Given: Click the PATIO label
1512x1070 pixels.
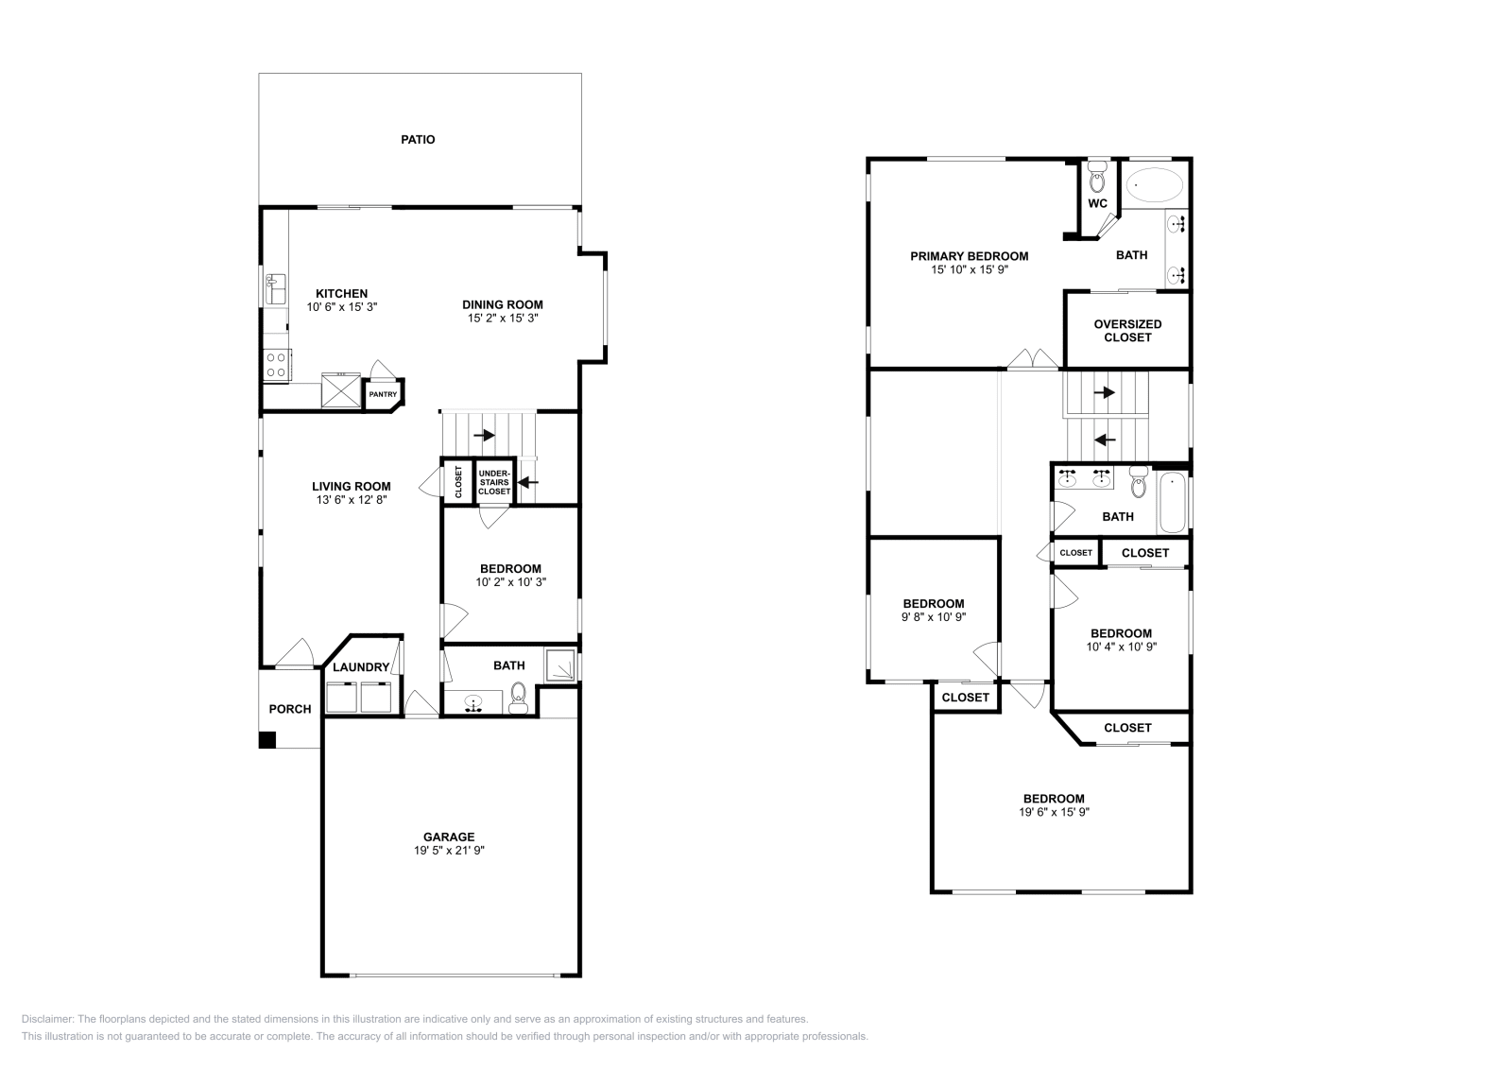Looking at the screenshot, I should pyautogui.click(x=418, y=140).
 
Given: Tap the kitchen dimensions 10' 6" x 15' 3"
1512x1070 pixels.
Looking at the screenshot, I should pyautogui.click(x=342, y=307).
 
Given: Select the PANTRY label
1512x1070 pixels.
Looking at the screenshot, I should pyautogui.click(x=383, y=395).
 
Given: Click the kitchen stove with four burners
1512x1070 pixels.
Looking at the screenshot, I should pyautogui.click(x=276, y=365).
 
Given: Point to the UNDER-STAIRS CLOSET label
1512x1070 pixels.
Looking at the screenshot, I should pyautogui.click(x=493, y=482).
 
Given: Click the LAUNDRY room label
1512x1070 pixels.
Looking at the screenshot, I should pyautogui.click(x=361, y=667).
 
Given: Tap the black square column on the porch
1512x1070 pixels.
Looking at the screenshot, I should pyautogui.click(x=267, y=740).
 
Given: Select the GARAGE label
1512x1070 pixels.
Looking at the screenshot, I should pyautogui.click(x=449, y=837).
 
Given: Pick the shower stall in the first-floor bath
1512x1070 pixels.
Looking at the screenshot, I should pyautogui.click(x=561, y=665).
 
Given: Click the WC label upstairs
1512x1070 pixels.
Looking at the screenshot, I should pyautogui.click(x=1097, y=203).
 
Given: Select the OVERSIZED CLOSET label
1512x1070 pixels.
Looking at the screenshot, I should pyautogui.click(x=1127, y=331).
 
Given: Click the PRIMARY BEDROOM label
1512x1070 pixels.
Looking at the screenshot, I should pyautogui.click(x=969, y=256).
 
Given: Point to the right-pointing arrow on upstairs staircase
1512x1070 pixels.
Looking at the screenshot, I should pyautogui.click(x=1104, y=392).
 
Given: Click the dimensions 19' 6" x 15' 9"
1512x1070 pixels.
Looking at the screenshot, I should pyautogui.click(x=1054, y=812).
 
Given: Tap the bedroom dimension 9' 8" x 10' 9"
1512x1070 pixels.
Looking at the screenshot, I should pyautogui.click(x=934, y=617).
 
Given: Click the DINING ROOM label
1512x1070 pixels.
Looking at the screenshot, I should pyautogui.click(x=503, y=304).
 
